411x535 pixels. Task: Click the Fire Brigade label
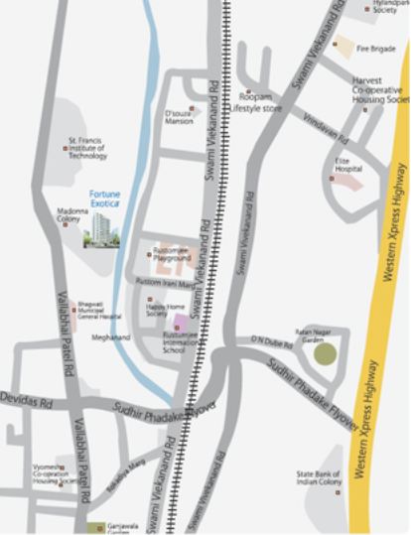(377, 47)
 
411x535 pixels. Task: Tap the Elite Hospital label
(349, 165)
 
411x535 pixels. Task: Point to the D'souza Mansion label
(180, 117)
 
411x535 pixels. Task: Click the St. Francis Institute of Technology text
(87, 148)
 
